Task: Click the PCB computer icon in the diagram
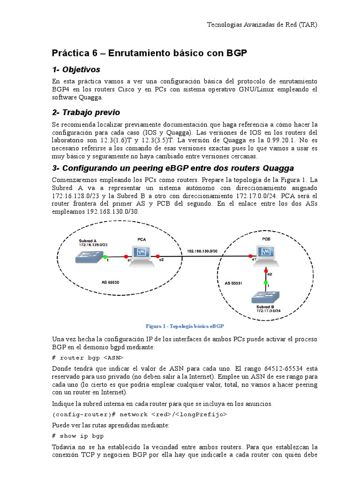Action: tap(266, 255)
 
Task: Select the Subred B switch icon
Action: tap(266, 297)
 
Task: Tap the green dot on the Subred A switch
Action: tap(105, 257)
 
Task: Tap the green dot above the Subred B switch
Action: tap(266, 284)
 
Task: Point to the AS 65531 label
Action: tap(233, 284)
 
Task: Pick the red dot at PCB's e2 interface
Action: tap(266, 271)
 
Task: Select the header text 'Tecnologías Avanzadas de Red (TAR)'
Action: tap(262, 25)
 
